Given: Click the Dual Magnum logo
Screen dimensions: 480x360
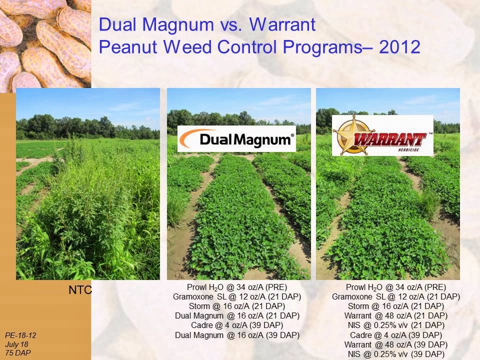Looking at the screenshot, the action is [236, 138].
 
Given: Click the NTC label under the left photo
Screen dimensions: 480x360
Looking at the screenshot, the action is [80, 290].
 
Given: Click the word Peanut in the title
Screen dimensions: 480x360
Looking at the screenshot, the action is [128, 47].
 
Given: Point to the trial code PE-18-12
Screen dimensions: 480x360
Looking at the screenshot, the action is [20, 335].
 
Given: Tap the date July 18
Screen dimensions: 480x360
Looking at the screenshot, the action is [16, 344].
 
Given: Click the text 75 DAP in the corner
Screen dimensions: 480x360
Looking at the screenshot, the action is [18, 352].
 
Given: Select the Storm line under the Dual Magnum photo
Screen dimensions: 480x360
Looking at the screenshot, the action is [237, 306].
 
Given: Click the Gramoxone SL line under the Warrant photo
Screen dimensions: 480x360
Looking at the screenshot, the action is [396, 296].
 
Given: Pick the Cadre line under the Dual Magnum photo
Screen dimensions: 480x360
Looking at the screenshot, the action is [237, 325].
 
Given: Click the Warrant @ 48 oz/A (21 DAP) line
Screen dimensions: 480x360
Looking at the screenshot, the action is [396, 315].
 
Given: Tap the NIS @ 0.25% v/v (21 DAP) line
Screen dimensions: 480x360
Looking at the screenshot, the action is [396, 325].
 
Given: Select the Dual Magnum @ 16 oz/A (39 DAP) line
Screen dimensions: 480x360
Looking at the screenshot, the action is [237, 335].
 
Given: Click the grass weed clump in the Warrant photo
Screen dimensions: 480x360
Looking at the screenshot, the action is [429, 203].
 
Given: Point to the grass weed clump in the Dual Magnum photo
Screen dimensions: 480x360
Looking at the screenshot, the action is [176, 208].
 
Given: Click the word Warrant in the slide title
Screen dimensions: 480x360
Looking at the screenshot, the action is [282, 24].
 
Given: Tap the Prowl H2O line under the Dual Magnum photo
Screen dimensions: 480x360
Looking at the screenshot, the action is [237, 287].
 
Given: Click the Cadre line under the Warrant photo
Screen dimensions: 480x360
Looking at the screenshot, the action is [396, 335].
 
